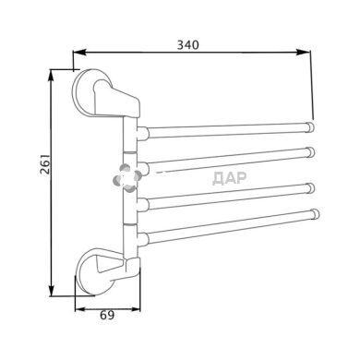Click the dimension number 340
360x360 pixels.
coord(187,45)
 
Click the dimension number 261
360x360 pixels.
coord(45,163)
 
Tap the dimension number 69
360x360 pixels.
coord(107,315)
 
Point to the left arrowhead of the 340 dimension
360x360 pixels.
coord(78,53)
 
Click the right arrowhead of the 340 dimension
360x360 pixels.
coord(303,53)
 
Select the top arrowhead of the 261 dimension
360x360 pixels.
coord(52,76)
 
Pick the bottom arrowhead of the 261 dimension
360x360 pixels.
coord(52,291)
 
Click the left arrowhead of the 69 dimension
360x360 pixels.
coord(80,309)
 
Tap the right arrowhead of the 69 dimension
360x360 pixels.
coord(136,309)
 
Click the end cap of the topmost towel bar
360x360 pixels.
coord(310,127)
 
